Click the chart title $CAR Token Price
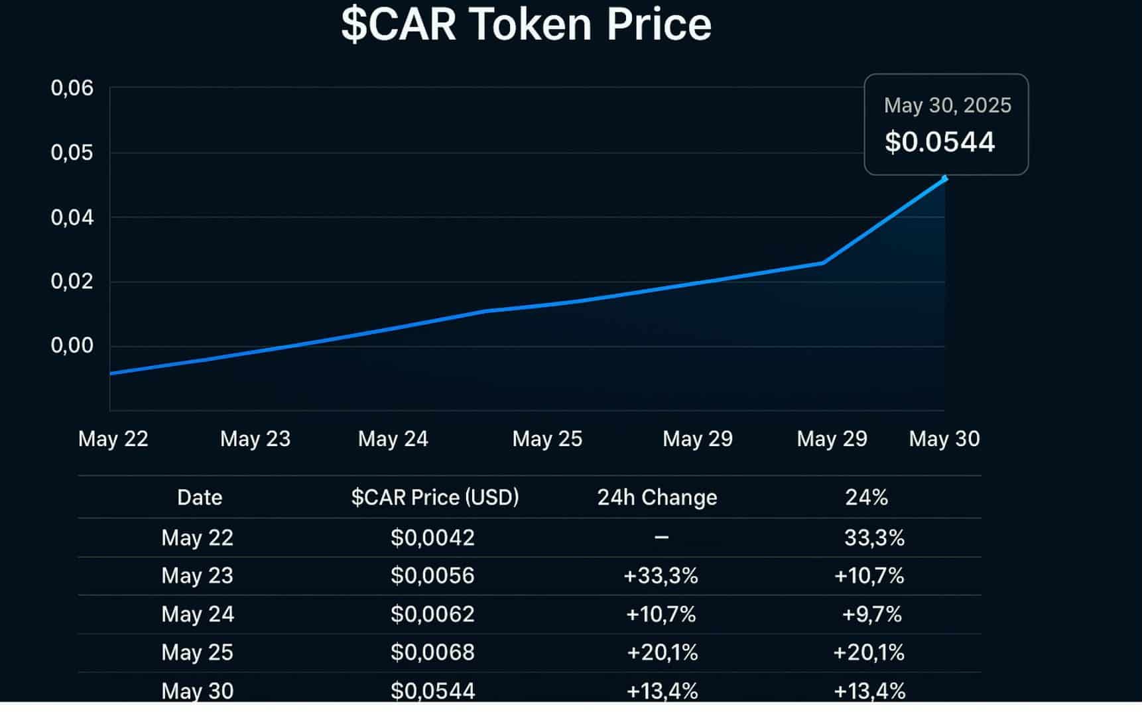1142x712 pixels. point(526,25)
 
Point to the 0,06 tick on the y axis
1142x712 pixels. point(72,88)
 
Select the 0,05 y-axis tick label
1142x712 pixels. point(72,152)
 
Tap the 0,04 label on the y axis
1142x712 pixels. point(72,217)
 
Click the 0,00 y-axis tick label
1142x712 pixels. point(72,345)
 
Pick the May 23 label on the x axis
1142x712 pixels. point(255,438)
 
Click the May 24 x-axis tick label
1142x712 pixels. point(393,438)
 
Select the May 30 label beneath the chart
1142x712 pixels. point(944,438)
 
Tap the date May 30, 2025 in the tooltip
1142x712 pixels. point(948,105)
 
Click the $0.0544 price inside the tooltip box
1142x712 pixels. point(940,142)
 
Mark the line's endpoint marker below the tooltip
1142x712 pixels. point(944,178)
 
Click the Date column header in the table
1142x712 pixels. point(200,497)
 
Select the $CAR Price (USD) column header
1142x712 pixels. point(435,497)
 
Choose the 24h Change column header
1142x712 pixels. point(657,497)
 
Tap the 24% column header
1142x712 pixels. point(866,497)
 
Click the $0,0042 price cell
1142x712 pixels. point(432,537)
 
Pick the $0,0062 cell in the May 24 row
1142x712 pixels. point(432,614)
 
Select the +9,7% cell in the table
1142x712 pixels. point(871,614)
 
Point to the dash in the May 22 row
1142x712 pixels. point(661,537)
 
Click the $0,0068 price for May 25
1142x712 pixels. point(432,652)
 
